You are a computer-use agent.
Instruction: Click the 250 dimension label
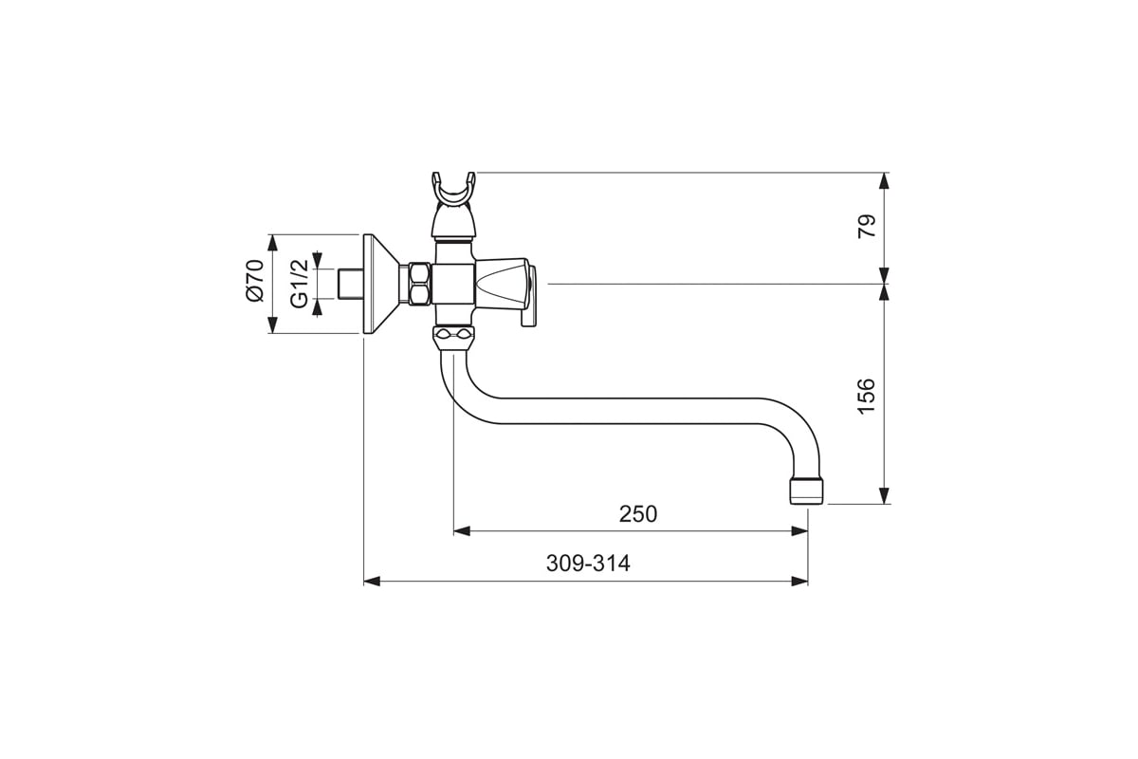click(637, 514)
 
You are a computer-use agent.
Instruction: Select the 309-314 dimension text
click(588, 564)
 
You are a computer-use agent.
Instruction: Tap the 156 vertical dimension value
click(867, 397)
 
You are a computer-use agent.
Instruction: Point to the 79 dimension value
click(867, 226)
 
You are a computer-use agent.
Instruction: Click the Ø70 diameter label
click(255, 281)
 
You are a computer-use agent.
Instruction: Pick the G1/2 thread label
click(300, 284)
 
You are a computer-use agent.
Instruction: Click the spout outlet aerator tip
click(806, 491)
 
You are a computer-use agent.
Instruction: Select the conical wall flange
click(382, 285)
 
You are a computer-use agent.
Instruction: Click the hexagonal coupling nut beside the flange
click(419, 285)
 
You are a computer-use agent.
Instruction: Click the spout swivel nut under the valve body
click(453, 339)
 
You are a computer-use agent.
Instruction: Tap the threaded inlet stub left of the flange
click(350, 285)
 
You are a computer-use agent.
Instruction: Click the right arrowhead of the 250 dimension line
click(799, 531)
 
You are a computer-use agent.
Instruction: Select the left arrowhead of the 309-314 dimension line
click(372, 581)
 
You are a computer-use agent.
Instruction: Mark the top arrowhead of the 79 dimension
click(885, 181)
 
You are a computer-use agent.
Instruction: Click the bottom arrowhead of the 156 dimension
click(885, 495)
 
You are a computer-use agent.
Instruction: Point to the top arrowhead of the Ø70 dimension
click(273, 243)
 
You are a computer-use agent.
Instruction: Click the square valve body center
click(453, 285)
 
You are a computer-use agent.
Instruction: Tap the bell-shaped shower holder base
click(453, 222)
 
